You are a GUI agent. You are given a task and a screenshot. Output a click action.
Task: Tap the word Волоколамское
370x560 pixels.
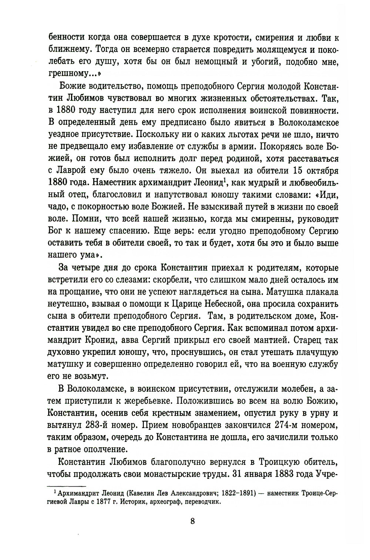pos(301,122)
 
